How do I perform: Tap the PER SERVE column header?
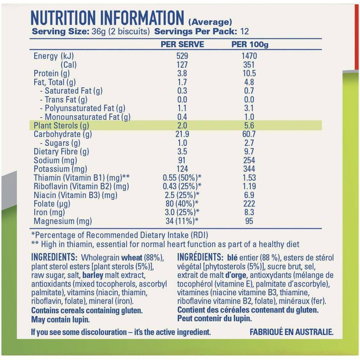coord(182,45)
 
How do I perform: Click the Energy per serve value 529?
coord(182,57)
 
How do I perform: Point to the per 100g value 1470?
coord(249,57)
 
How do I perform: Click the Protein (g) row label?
coord(51,74)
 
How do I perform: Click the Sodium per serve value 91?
coord(182,161)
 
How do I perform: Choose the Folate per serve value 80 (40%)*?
coord(182,204)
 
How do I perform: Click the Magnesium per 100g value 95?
coord(249,221)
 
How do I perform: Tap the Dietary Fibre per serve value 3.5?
coord(182,152)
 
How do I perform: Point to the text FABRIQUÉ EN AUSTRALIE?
coord(291,333)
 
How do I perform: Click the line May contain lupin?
coord(60,319)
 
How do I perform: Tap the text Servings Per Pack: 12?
coord(202,32)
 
